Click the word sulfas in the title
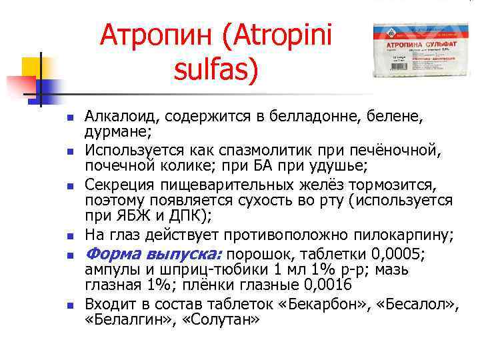[x=215, y=70]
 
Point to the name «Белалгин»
[x=123, y=319]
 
